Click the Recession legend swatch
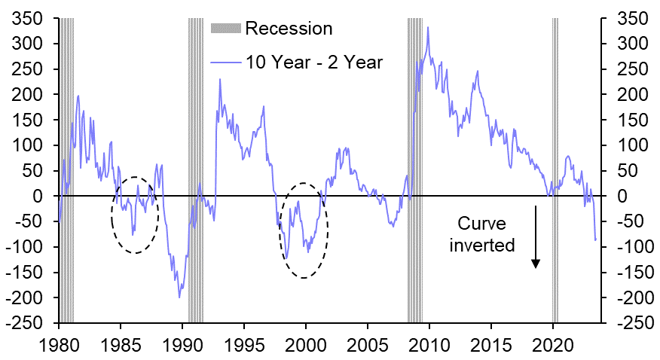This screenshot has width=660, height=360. [225, 29]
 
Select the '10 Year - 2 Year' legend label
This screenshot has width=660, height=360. [314, 62]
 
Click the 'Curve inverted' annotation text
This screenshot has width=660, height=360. [489, 233]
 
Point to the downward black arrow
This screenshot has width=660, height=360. [536, 237]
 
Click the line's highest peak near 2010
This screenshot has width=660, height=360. [428, 28]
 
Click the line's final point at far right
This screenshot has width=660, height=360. [596, 240]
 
